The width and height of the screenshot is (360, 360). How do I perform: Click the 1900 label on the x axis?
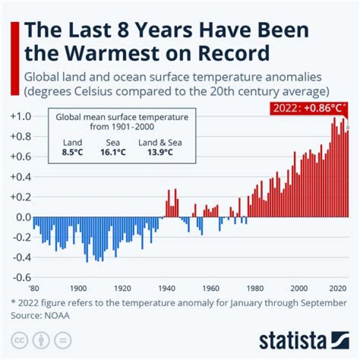pyautogui.click(x=77, y=288)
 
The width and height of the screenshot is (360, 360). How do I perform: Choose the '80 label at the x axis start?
pyautogui.click(x=33, y=288)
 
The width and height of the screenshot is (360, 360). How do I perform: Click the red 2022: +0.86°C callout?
pyautogui.click(x=310, y=108)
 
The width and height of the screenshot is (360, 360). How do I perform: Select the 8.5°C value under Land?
pyautogui.click(x=73, y=152)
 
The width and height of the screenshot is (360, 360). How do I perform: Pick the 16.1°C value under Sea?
pyautogui.click(x=113, y=152)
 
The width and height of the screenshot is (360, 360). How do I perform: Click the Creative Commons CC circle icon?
pyautogui.click(x=18, y=340)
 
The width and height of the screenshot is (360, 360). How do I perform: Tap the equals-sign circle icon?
pyautogui.click(x=62, y=340)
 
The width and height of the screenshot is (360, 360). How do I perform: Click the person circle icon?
pyautogui.click(x=40, y=340)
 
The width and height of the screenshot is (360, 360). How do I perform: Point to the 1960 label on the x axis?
pyautogui.click(x=211, y=288)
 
